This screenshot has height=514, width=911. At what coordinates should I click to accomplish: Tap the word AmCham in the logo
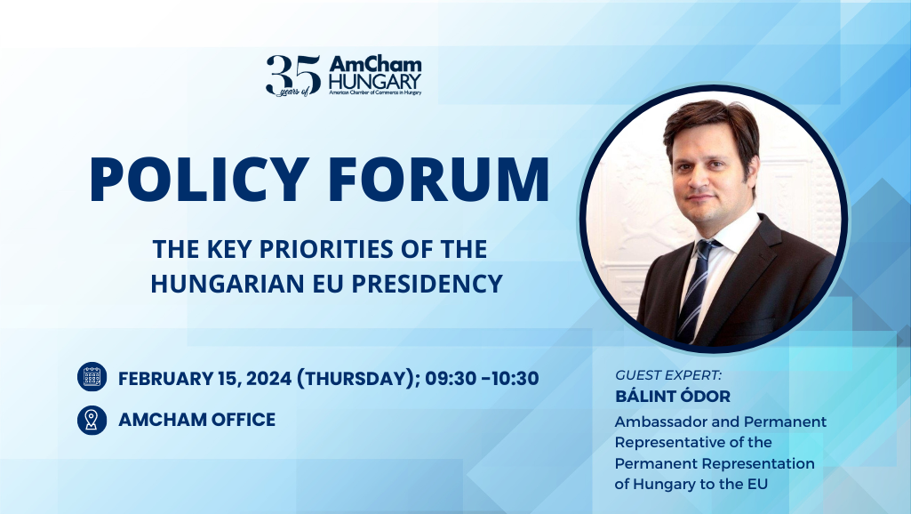[x=375, y=65]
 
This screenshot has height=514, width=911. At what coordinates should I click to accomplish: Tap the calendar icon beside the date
[x=92, y=378]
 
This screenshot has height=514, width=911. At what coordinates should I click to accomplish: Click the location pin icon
[x=92, y=420]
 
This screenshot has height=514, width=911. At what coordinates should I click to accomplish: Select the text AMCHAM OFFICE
[x=196, y=420]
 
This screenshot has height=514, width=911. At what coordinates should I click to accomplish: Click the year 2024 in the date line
[x=265, y=378]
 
